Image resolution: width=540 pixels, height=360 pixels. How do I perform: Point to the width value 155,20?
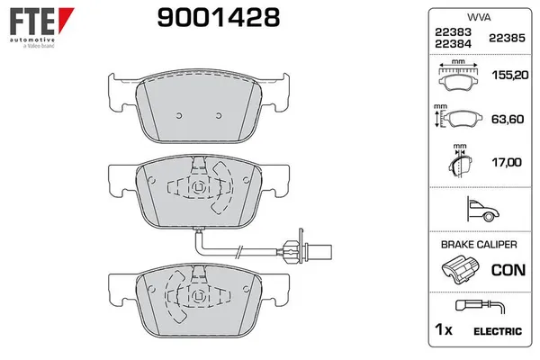pyautogui.click(x=505, y=78)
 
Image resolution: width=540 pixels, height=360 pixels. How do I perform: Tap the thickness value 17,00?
pyautogui.click(x=505, y=162)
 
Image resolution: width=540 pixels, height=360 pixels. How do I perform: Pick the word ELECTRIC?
pyautogui.click(x=497, y=332)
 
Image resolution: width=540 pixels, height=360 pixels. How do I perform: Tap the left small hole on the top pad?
pyautogui.click(x=179, y=114)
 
